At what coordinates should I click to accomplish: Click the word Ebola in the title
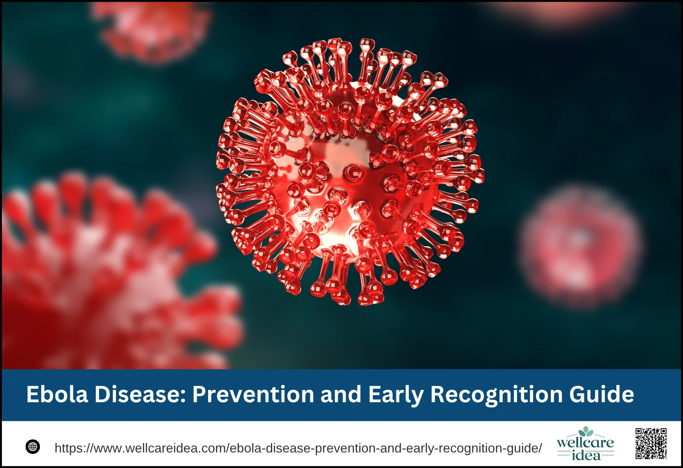tap(57, 394)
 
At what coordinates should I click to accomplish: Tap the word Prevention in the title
tap(253, 394)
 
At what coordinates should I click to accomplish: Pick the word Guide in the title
tap(602, 394)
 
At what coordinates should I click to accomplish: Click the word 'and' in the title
tap(341, 394)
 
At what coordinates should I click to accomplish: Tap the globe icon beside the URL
tap(33, 447)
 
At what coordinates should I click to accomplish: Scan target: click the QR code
tap(651, 443)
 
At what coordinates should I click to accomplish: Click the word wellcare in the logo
tap(585, 443)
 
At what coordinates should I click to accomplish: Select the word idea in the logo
tap(586, 455)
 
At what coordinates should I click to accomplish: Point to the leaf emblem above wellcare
tap(586, 431)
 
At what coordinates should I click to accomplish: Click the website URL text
tap(298, 448)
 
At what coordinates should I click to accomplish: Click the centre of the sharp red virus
tap(349, 172)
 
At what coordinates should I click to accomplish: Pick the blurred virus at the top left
tap(152, 31)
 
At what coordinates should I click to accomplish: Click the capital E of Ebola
tap(33, 394)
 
